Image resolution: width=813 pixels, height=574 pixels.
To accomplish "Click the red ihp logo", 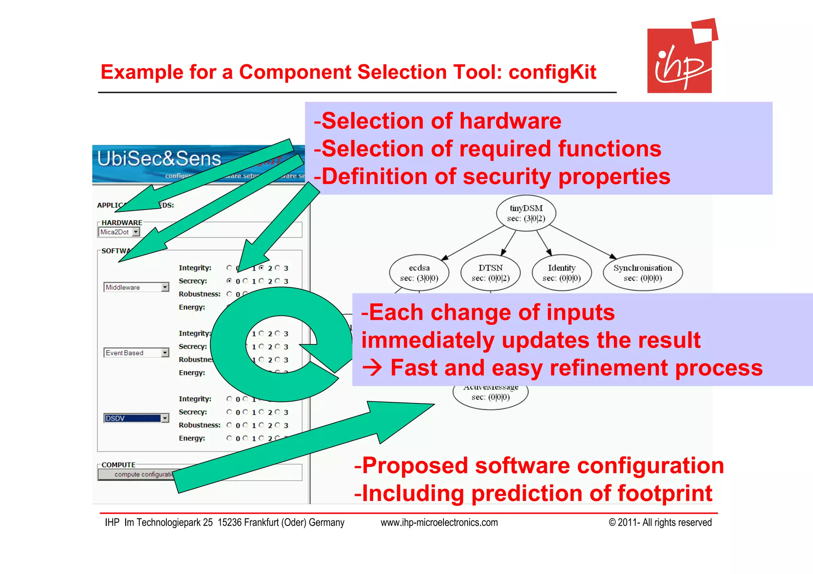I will pyautogui.click(x=680, y=60).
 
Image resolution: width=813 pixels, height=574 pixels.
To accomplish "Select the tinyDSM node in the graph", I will pyautogui.click(x=526, y=213).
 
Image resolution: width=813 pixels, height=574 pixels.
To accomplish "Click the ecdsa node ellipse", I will pyautogui.click(x=419, y=273).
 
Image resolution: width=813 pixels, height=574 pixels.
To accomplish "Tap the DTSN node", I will pyautogui.click(x=490, y=273).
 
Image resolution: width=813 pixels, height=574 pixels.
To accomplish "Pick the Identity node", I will pyautogui.click(x=561, y=273).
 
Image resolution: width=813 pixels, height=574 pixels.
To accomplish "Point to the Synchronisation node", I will pyautogui.click(x=642, y=273).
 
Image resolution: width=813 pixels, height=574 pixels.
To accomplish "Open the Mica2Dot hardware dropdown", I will pyautogui.click(x=119, y=232).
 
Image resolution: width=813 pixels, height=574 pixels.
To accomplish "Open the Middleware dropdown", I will pyautogui.click(x=136, y=287).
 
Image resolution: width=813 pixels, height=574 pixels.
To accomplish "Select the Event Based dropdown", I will pyautogui.click(x=136, y=353).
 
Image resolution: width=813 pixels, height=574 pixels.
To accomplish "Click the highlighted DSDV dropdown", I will pyautogui.click(x=136, y=418).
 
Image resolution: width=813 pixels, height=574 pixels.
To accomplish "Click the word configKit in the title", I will pyautogui.click(x=552, y=72).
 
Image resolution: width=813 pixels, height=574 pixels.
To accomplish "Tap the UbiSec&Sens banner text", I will pyautogui.click(x=159, y=159).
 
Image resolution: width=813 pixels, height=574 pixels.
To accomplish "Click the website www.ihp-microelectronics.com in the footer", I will pyautogui.click(x=439, y=522).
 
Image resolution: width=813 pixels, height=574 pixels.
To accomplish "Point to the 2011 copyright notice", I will pyautogui.click(x=660, y=522).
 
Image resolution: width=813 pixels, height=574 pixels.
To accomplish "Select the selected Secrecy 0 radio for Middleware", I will pyautogui.click(x=229, y=281).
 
